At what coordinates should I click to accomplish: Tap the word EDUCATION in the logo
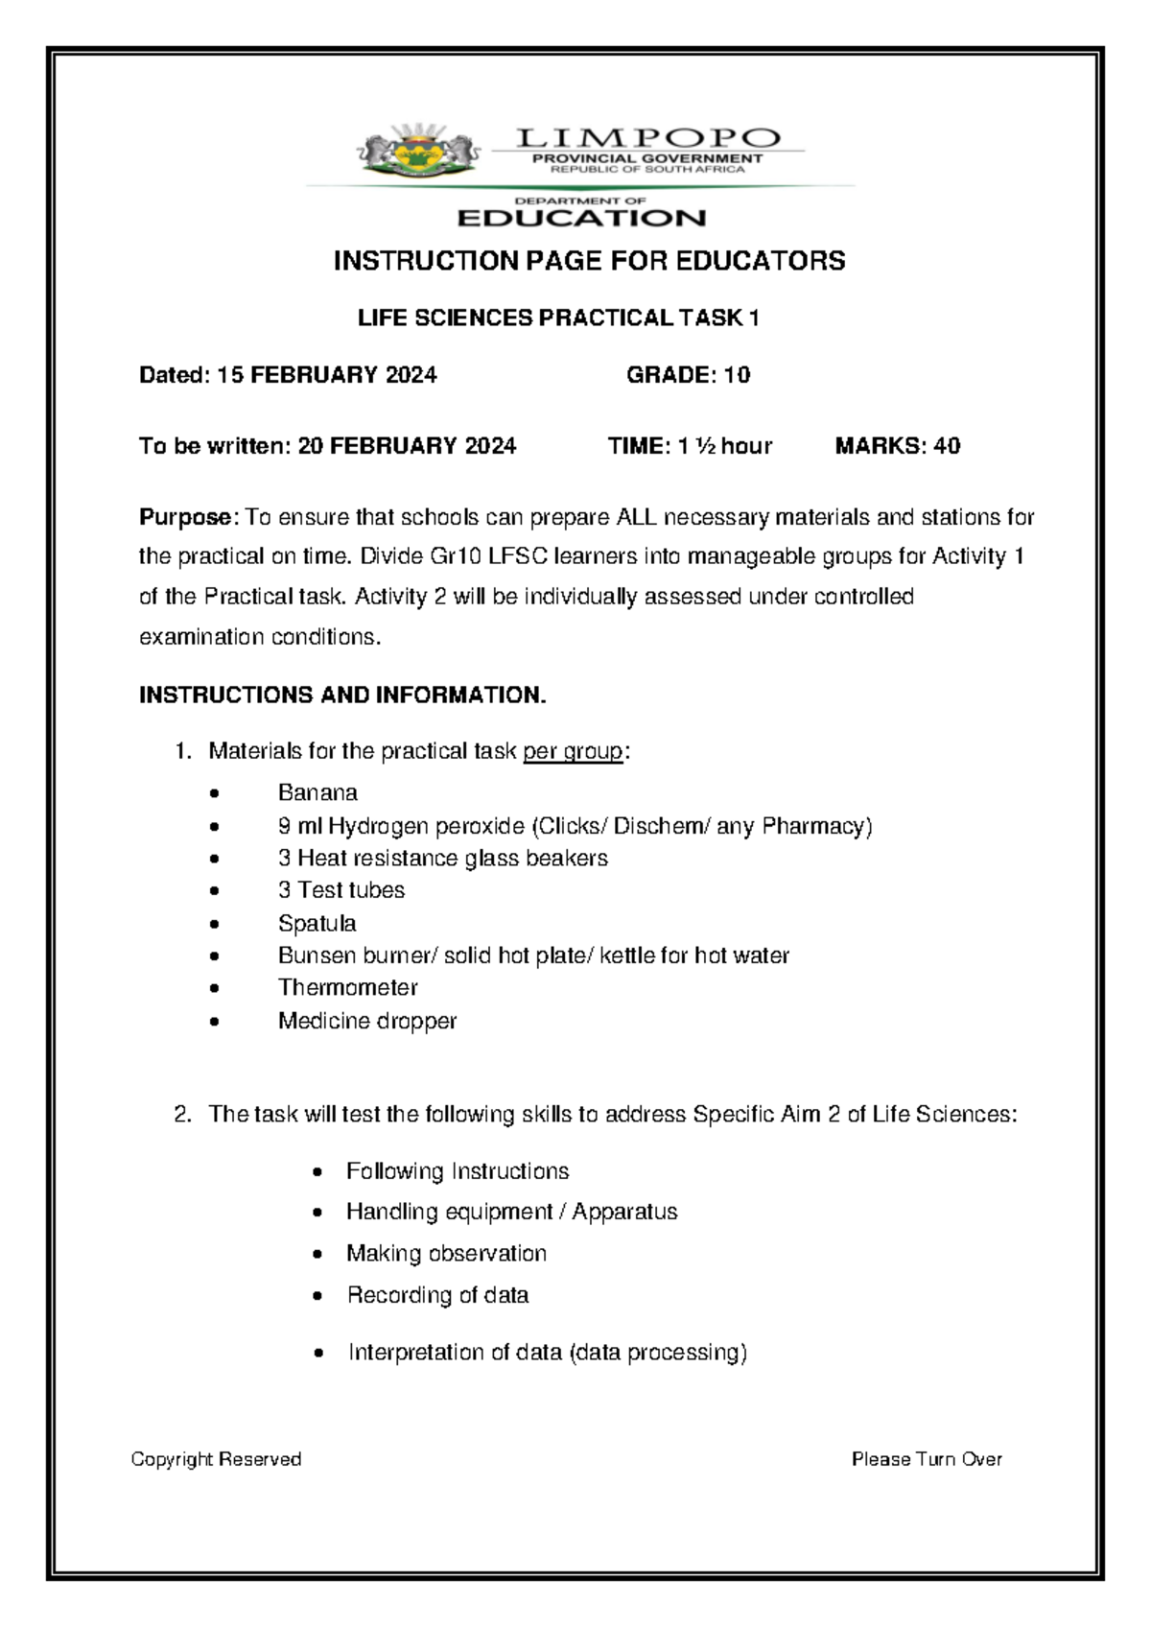pyautogui.click(x=581, y=219)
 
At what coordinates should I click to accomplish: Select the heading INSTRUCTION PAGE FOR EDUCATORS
pyautogui.click(x=589, y=261)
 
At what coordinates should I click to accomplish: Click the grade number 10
pyautogui.click(x=737, y=375)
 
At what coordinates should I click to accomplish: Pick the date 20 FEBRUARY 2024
pyautogui.click(x=407, y=446)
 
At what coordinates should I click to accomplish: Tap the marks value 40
pyautogui.click(x=947, y=446)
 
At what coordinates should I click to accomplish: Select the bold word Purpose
pyautogui.click(x=185, y=518)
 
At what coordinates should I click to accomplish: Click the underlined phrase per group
pyautogui.click(x=573, y=751)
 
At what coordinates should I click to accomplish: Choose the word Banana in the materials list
pyautogui.click(x=317, y=793)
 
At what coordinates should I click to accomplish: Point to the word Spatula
pyautogui.click(x=317, y=924)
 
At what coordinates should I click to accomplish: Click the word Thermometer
pyautogui.click(x=347, y=988)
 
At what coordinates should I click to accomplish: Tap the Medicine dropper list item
pyautogui.click(x=366, y=1021)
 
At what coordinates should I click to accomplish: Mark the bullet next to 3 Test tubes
pyautogui.click(x=214, y=892)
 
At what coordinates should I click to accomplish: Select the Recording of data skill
pyautogui.click(x=437, y=1295)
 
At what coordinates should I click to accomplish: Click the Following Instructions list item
pyautogui.click(x=458, y=1171)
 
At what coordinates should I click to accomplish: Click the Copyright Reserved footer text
pyautogui.click(x=216, y=1459)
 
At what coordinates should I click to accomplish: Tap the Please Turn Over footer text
pyautogui.click(x=927, y=1459)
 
